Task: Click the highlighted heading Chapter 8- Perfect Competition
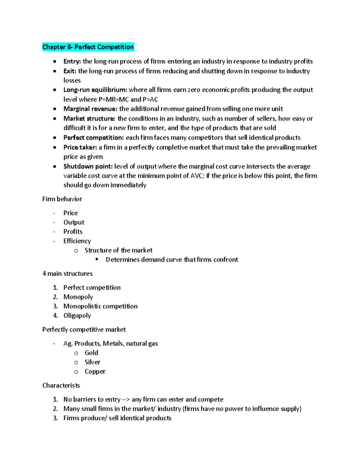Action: [x=88, y=47]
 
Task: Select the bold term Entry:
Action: [x=72, y=62]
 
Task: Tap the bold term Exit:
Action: [x=70, y=71]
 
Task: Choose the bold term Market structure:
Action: [x=89, y=119]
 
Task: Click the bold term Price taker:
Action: [x=80, y=147]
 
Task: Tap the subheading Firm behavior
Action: [x=62, y=199]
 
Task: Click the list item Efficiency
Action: [x=77, y=241]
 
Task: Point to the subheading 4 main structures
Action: [x=67, y=274]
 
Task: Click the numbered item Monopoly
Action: [x=78, y=297]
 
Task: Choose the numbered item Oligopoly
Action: [x=77, y=315]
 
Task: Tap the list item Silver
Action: [x=92, y=362]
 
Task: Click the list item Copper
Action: [x=95, y=371]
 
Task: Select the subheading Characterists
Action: [x=61, y=385]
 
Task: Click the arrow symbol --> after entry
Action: [x=126, y=400]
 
